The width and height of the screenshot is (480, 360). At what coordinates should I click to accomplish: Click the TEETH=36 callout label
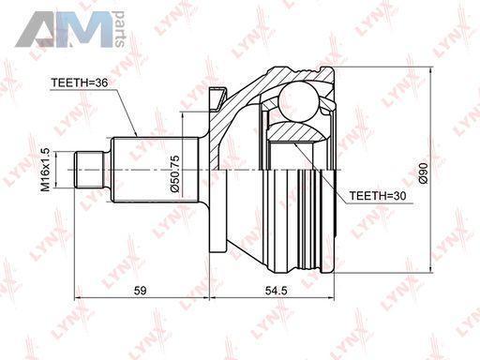click(x=80, y=82)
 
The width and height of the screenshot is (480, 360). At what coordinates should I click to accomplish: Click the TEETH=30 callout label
click(x=378, y=196)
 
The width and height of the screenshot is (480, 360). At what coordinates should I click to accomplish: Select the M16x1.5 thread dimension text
click(x=46, y=170)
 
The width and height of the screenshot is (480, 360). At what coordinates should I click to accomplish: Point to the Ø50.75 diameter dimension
click(x=175, y=173)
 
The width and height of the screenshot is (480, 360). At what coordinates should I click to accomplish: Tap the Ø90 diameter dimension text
click(x=423, y=172)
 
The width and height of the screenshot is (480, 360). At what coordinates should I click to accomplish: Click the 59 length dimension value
click(x=140, y=291)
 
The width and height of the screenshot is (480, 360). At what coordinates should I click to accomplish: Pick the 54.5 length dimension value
click(x=276, y=291)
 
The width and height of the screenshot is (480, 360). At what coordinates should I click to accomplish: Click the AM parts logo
click(x=70, y=29)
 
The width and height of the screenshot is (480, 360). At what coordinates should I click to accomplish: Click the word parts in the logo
click(x=119, y=29)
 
